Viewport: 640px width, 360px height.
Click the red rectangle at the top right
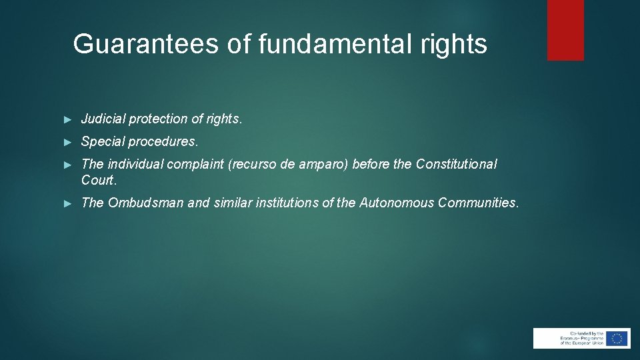pyautogui.click(x=565, y=30)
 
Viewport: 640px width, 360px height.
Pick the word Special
pyautogui.click(x=103, y=142)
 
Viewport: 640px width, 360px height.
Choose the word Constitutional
pyautogui.click(x=457, y=165)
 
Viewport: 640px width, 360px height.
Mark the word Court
pyautogui.click(x=99, y=180)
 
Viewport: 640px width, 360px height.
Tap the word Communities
pyautogui.click(x=477, y=203)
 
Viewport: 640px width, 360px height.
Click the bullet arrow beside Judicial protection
pyautogui.click(x=67, y=119)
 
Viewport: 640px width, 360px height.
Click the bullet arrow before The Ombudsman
pyautogui.click(x=67, y=203)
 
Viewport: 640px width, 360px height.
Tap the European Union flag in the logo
pyautogui.click(x=618, y=338)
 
